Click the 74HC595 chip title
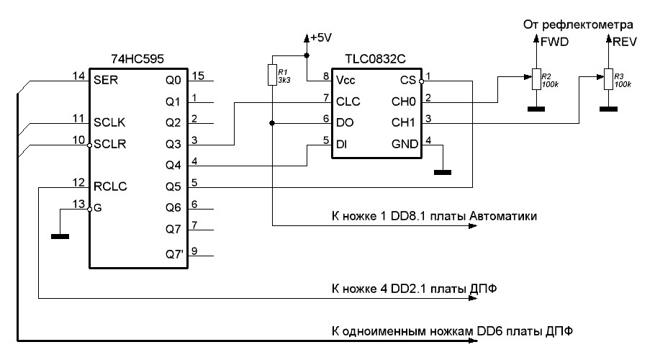click(x=135, y=58)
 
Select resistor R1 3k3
click(x=272, y=75)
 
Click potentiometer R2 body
click(x=535, y=79)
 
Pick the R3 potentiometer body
click(x=607, y=79)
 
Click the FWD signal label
click(x=555, y=42)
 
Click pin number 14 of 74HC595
click(x=79, y=74)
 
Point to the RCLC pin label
click(x=109, y=186)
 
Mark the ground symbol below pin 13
click(x=60, y=235)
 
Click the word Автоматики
click(x=503, y=215)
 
